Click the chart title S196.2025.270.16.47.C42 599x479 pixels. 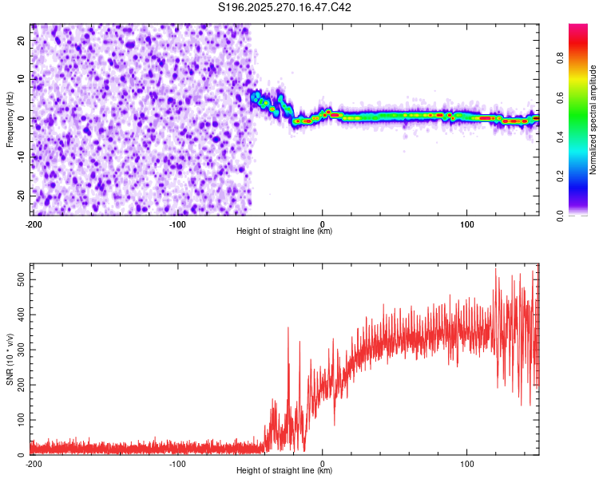[285, 7]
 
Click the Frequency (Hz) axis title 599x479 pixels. [10, 119]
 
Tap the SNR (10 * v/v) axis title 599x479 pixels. [10, 358]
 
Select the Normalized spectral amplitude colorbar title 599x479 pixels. [593, 120]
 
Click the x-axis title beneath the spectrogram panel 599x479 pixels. [284, 232]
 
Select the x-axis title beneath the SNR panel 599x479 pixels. [284, 471]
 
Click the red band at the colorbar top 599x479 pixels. [578, 30]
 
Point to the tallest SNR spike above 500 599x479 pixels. [495, 269]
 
